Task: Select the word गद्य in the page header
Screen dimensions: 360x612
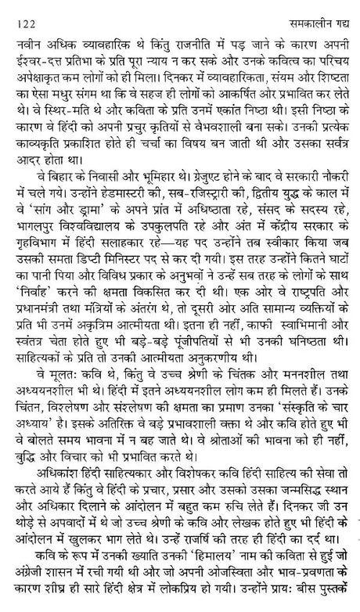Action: pos(337,11)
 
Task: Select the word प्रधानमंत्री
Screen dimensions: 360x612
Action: pos(42,335)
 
